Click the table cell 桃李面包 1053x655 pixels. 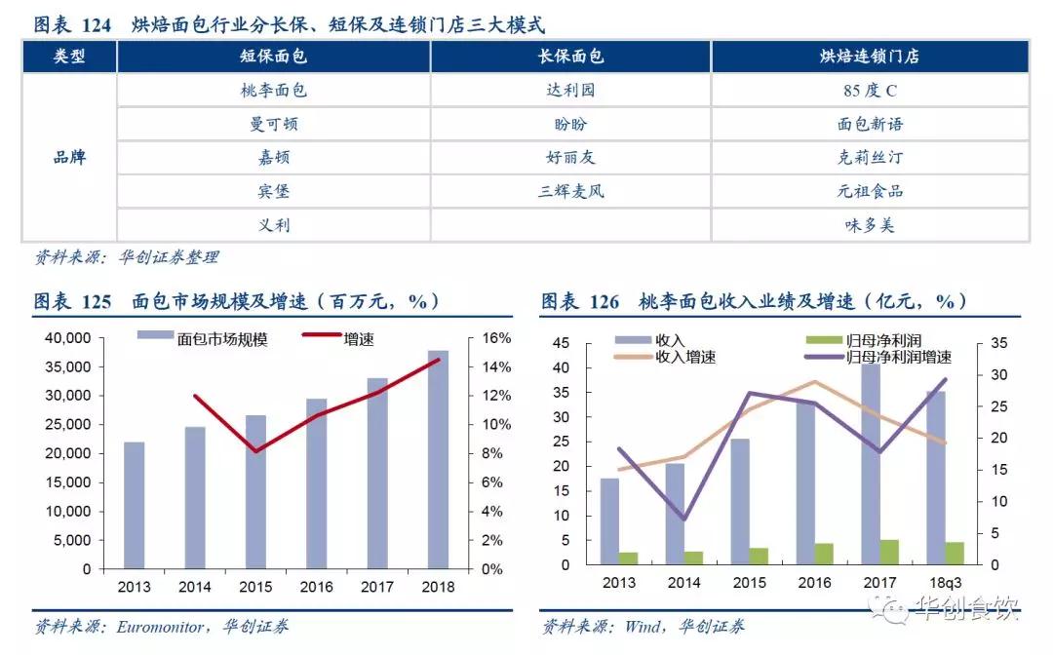(x=273, y=91)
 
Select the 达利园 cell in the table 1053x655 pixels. (x=570, y=91)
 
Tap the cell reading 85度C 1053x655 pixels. (x=870, y=91)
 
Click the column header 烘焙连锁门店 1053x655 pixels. (x=870, y=57)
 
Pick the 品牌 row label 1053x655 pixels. (x=69, y=157)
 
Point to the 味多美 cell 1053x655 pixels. (x=870, y=225)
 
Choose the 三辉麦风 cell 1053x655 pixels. (x=570, y=191)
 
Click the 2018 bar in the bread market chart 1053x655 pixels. (x=438, y=459)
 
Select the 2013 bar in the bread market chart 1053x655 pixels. (x=135, y=505)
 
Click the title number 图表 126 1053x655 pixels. (x=580, y=301)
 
